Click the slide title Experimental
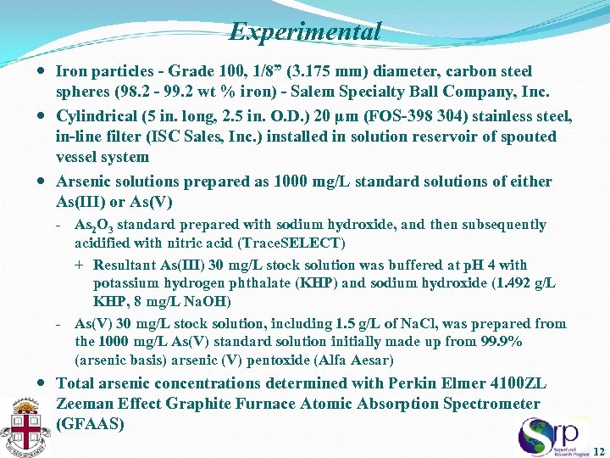tap(305, 32)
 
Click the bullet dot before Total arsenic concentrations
tap(43, 383)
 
